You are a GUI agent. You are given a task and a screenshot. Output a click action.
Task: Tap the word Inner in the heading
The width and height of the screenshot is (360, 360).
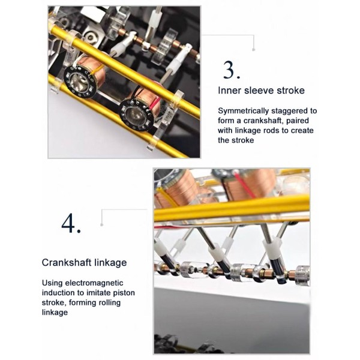coord(229,90)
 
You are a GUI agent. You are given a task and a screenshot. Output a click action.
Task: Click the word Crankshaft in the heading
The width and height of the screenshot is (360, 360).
coord(62,262)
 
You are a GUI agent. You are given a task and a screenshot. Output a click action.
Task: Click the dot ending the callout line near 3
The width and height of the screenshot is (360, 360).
coord(253,49)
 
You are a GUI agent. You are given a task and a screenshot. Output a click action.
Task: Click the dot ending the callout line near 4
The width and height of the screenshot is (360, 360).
coord(102,224)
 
